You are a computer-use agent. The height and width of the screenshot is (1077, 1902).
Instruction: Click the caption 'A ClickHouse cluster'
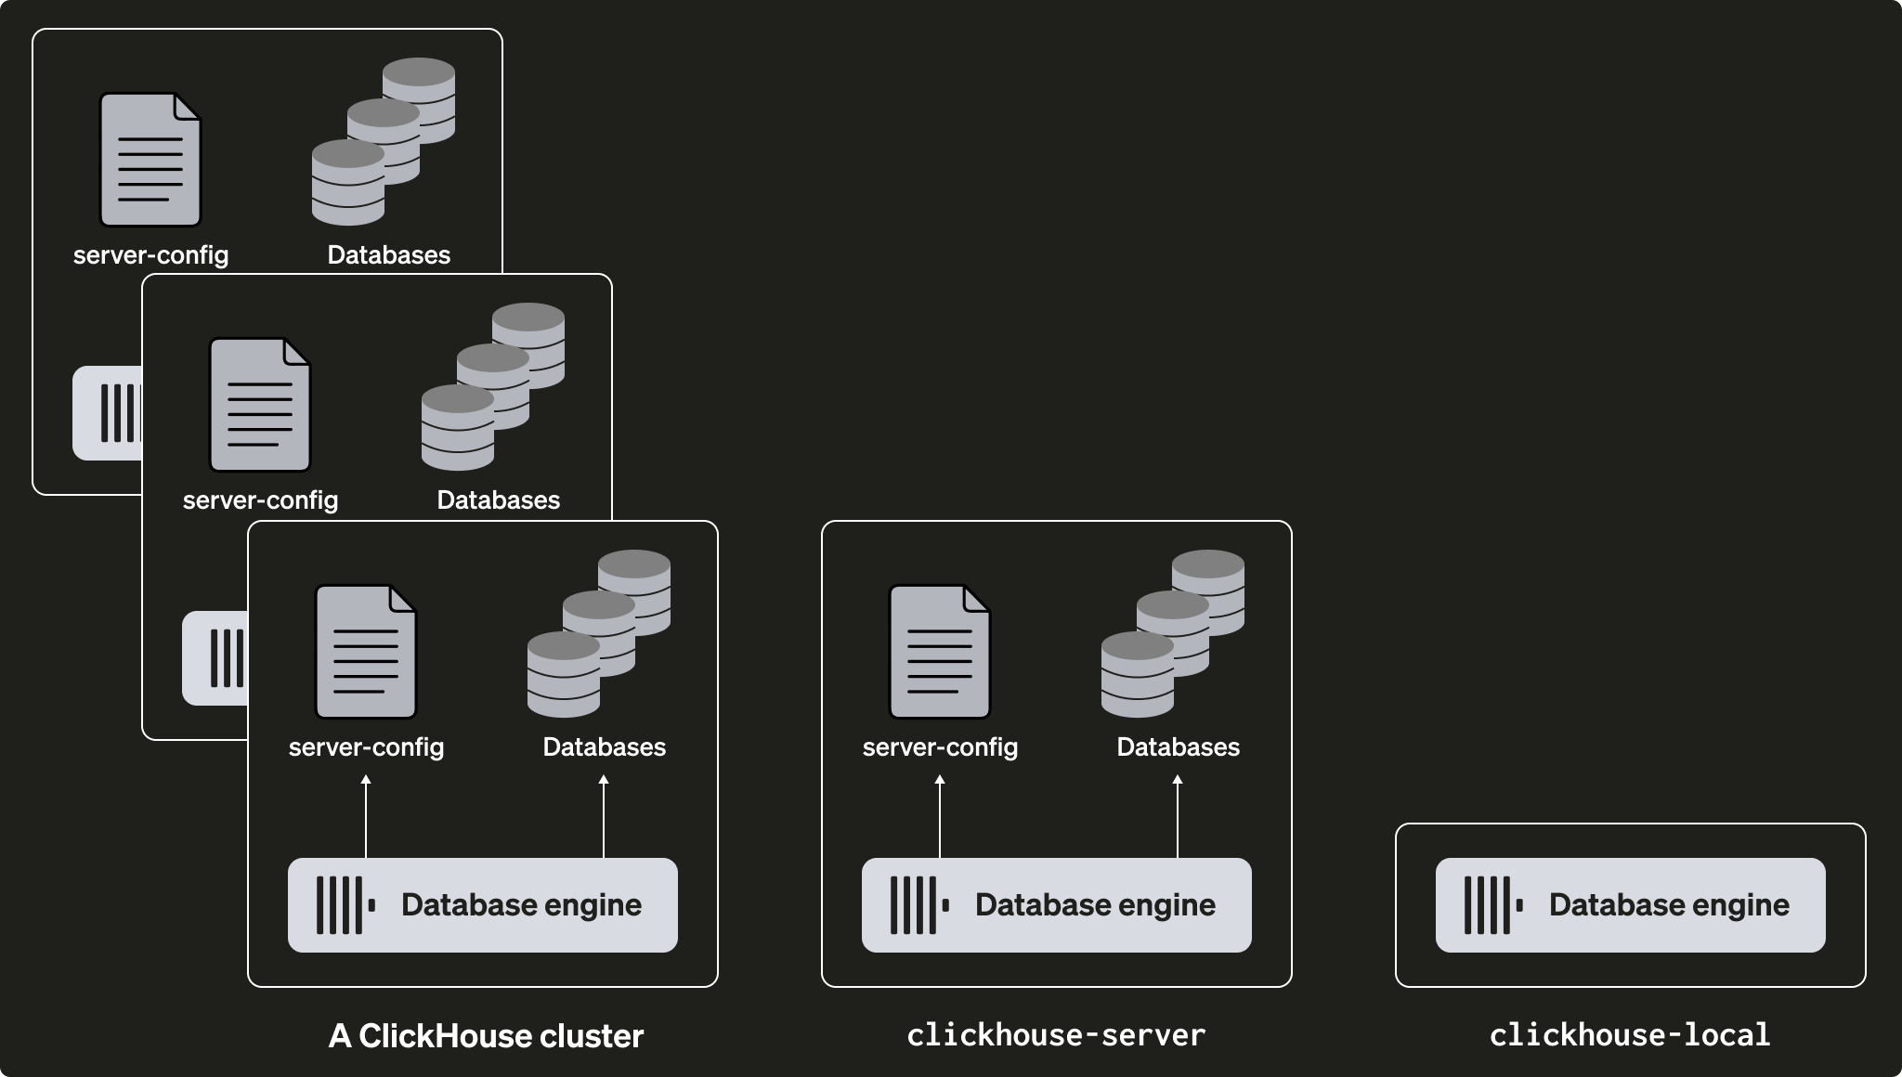pos(486,1036)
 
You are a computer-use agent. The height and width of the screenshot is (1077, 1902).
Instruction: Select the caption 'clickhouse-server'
pos(1056,1035)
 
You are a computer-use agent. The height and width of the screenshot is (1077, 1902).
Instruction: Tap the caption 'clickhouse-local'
pos(1630,1035)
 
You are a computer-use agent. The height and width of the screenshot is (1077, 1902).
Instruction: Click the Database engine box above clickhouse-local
pos(1630,905)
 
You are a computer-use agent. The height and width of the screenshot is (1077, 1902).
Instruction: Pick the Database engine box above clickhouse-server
pos(1056,905)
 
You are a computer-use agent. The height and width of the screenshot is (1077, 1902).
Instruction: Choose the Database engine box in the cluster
pos(482,905)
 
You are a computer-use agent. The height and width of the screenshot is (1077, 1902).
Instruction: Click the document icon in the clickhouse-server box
pos(939,652)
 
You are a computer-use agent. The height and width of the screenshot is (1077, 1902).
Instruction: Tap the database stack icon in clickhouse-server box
pos(1172,634)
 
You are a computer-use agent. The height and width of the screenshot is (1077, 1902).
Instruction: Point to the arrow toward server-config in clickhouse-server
pos(940,817)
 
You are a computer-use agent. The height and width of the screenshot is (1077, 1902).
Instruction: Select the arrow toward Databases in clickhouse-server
pos(1178,817)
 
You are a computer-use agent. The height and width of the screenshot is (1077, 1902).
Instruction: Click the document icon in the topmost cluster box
pos(150,160)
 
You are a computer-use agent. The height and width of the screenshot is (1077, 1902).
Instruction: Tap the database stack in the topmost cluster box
pos(383,142)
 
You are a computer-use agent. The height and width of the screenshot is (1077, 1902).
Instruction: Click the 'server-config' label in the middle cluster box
pos(260,500)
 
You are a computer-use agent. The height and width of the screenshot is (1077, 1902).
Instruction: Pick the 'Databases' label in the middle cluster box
pos(498,500)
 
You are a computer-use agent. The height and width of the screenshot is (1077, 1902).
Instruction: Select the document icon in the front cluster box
pos(365,652)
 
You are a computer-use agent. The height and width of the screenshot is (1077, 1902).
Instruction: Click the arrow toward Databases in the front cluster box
pos(604,817)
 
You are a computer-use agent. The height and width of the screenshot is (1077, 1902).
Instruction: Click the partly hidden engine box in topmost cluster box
pos(107,413)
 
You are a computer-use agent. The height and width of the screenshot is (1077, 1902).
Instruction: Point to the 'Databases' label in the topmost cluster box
pos(388,255)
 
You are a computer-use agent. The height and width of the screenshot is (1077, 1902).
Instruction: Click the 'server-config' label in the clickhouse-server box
pos(940,747)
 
